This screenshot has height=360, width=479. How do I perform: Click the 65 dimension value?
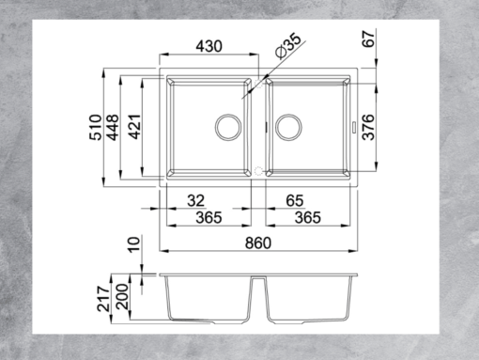(x=293, y=199)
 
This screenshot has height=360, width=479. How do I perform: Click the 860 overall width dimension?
(x=258, y=243)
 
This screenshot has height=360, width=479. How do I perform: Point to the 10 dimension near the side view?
(x=134, y=247)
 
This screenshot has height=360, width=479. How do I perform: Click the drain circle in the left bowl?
(x=227, y=125)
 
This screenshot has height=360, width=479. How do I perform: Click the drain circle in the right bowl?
(x=288, y=125)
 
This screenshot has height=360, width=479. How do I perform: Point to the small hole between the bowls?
(x=258, y=172)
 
